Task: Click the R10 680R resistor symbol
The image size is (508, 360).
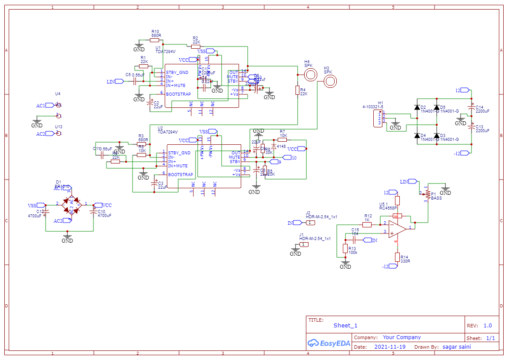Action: tap(155, 40)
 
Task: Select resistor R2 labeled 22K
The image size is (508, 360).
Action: tap(196, 46)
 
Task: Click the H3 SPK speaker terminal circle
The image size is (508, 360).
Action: tap(330, 81)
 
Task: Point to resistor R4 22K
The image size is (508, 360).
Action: tap(298, 90)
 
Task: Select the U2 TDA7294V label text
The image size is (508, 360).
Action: tap(167, 131)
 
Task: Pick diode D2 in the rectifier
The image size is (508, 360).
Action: tap(417, 107)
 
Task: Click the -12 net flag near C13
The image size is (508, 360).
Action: tap(464, 153)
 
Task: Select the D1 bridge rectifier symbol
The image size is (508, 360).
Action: tap(72, 204)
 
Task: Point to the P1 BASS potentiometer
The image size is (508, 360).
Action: tap(428, 193)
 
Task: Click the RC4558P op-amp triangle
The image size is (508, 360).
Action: tap(396, 228)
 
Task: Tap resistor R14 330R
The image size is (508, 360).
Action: tap(397, 257)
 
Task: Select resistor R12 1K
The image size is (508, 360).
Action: tap(367, 225)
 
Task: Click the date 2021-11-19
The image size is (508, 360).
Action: tap(390, 347)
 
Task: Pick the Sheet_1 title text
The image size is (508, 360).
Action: tap(345, 325)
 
